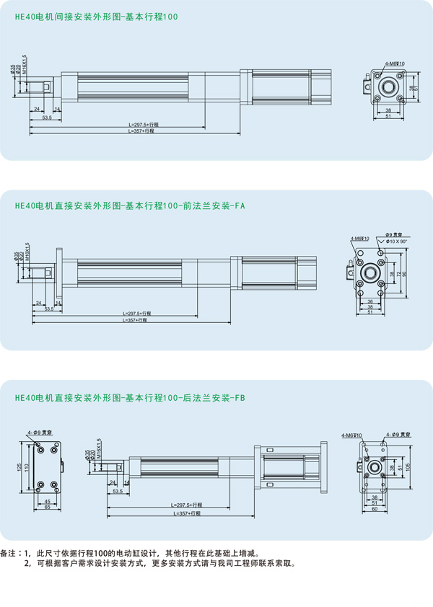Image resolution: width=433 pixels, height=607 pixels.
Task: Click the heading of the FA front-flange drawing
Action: (x=130, y=205)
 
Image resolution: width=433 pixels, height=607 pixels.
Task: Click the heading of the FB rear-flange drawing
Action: (x=130, y=397)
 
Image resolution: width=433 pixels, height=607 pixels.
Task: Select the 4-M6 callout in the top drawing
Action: (x=395, y=63)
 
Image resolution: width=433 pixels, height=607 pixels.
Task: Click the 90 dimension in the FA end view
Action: (x=405, y=273)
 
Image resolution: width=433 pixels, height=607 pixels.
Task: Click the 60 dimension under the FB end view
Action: (x=374, y=508)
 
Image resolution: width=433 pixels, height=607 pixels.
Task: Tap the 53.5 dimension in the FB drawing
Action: (x=118, y=492)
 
